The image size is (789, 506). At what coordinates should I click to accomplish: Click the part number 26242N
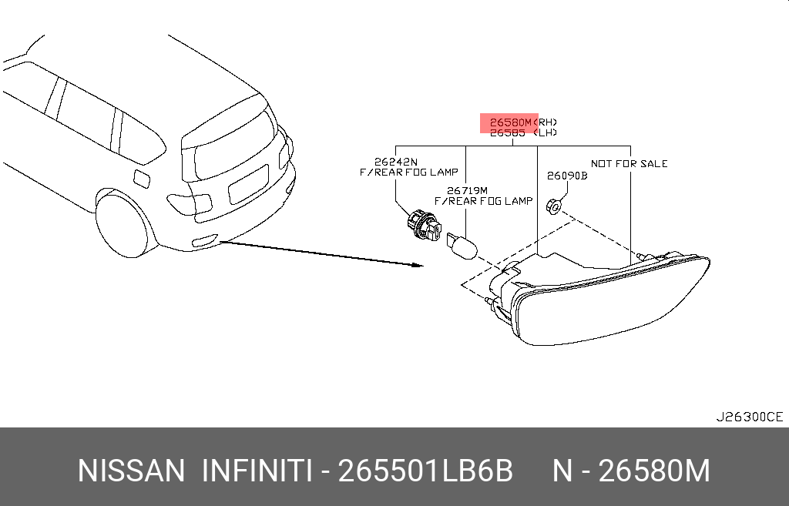(x=395, y=162)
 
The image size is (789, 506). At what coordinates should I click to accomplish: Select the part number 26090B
(x=567, y=176)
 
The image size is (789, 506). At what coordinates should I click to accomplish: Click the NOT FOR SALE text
(x=629, y=163)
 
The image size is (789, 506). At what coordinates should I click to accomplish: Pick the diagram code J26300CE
(x=749, y=417)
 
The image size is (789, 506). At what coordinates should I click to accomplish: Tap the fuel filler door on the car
(x=143, y=178)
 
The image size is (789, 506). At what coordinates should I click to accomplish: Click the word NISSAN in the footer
(x=131, y=471)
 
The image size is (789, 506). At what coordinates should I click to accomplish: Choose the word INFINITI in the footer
(x=257, y=471)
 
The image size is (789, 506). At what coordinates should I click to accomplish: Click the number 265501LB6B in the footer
(x=426, y=471)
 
